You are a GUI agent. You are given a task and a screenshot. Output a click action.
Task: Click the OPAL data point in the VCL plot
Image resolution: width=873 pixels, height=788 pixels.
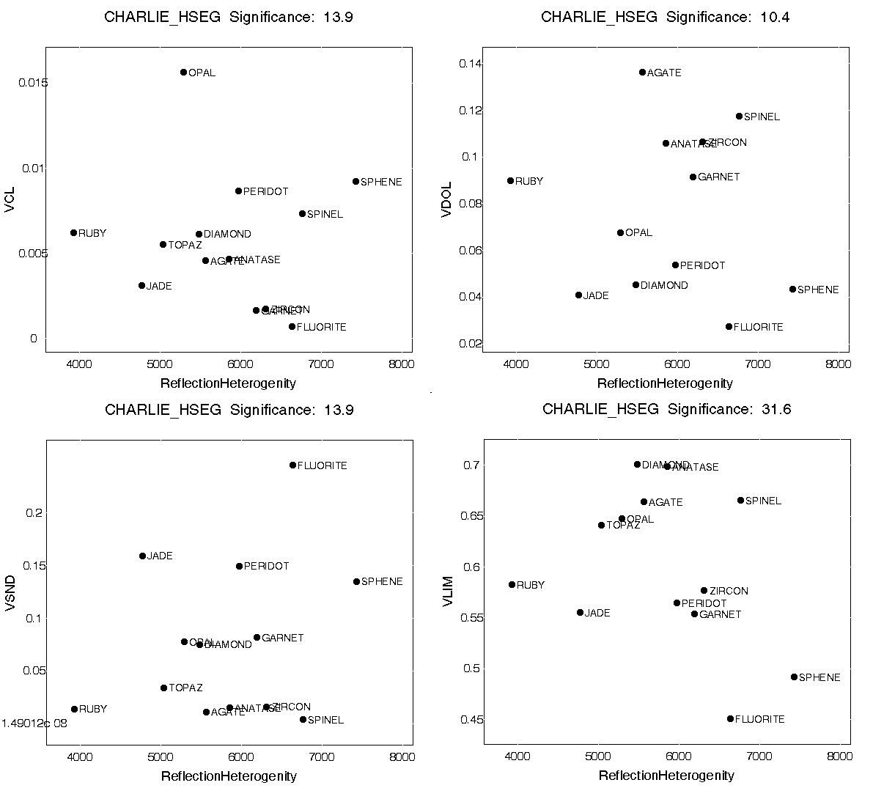click(183, 72)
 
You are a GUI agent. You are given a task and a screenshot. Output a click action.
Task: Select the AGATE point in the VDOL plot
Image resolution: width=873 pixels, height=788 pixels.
click(642, 72)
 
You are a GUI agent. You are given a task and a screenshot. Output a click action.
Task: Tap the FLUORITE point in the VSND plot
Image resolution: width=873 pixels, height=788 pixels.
click(292, 465)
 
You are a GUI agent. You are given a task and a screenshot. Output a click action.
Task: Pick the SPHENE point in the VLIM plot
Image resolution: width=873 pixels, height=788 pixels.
click(794, 677)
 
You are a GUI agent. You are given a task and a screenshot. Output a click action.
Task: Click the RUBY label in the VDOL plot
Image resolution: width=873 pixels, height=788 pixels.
click(529, 181)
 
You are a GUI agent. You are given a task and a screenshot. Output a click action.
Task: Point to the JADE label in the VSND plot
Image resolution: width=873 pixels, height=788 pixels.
click(160, 556)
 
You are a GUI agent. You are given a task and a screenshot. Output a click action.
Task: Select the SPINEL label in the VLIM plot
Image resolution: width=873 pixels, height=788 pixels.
click(763, 501)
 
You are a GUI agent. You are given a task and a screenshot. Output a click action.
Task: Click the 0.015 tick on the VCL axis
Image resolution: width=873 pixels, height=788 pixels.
click(34, 83)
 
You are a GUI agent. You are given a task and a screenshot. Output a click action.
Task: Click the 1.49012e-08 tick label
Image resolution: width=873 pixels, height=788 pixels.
click(34, 723)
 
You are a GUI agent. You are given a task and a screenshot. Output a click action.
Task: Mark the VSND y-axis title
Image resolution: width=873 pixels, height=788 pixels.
click(10, 592)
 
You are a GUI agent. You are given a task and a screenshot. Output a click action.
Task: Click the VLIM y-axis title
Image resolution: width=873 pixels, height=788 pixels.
click(449, 592)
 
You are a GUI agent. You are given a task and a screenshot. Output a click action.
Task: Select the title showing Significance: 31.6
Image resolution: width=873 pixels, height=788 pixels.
click(666, 409)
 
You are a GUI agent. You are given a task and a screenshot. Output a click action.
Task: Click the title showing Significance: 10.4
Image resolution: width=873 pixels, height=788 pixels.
click(665, 17)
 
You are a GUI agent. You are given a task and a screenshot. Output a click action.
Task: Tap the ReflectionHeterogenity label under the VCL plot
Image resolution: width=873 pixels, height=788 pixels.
click(228, 383)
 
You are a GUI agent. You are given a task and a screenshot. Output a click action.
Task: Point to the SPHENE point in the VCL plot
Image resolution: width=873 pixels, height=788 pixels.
click(356, 181)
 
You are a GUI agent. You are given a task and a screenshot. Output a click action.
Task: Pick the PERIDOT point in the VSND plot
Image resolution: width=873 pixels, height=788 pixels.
click(239, 566)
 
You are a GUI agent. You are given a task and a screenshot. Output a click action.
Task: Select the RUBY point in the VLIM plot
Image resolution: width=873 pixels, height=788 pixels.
click(512, 584)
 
